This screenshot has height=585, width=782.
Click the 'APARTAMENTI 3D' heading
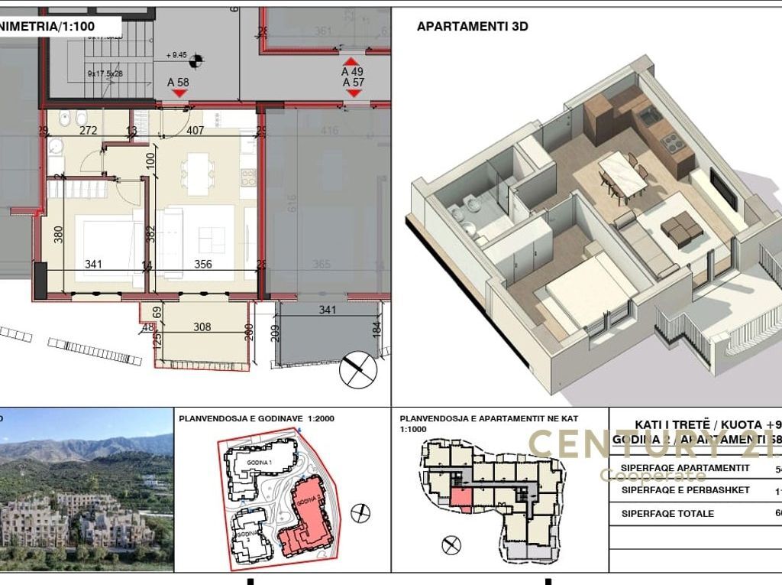point(472,27)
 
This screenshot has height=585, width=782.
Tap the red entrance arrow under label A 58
point(179,93)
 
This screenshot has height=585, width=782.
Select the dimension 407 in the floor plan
point(195,131)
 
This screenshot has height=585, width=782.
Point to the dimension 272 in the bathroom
point(89,131)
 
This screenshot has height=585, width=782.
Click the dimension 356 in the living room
point(202,265)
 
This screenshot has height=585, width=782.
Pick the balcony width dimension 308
point(202,327)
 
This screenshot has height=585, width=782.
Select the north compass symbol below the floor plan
point(359,369)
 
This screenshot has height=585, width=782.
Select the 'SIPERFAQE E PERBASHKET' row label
point(685,490)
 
